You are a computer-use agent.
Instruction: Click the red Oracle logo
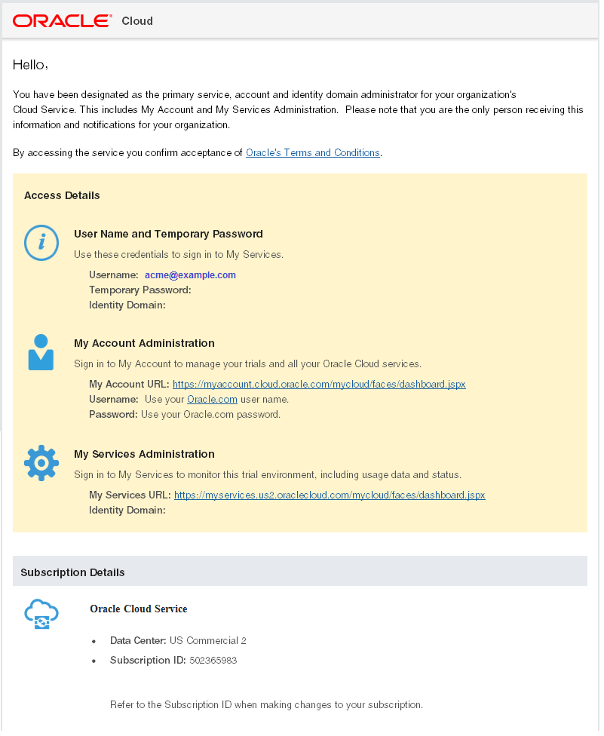tap(63, 20)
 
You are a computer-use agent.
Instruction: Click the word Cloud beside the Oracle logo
tap(137, 21)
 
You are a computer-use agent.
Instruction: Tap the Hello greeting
tap(30, 65)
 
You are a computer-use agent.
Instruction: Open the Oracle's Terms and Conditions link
tap(313, 153)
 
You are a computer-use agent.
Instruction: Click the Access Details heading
tap(62, 195)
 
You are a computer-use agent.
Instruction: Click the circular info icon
tap(41, 242)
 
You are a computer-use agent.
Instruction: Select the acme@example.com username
tap(190, 275)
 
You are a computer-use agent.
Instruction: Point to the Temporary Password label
tap(140, 290)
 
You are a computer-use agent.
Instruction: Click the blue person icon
tap(41, 352)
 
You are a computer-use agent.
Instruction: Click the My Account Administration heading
tap(144, 343)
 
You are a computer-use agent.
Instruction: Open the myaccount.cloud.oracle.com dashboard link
tap(319, 385)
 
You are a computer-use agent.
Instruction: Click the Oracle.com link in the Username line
tap(212, 400)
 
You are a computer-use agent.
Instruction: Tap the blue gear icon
tap(41, 463)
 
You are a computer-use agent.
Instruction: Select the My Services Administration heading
tap(144, 454)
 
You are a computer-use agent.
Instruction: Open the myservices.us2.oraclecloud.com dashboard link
tap(330, 495)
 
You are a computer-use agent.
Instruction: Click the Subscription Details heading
tap(72, 572)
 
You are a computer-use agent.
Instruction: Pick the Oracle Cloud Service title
tap(138, 609)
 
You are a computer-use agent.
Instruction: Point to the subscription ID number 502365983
tap(213, 661)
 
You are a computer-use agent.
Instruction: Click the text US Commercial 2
tap(208, 641)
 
